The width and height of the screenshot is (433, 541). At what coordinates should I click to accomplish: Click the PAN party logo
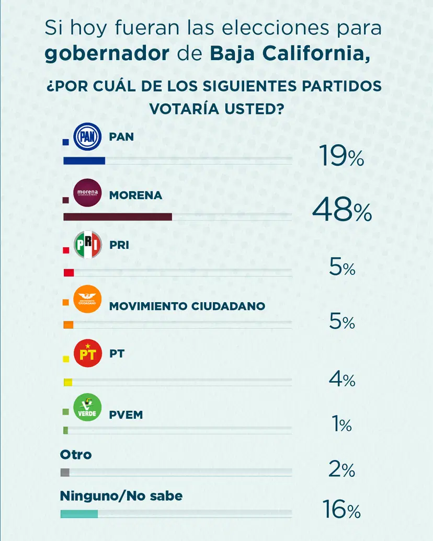[x=87, y=137]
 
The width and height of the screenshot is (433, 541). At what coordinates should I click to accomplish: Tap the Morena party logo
[x=87, y=193]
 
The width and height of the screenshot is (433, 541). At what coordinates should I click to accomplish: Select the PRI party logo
[x=87, y=245]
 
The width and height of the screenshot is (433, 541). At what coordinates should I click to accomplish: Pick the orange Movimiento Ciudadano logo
[x=87, y=300]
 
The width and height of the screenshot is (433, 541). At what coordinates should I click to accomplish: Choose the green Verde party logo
[x=87, y=408]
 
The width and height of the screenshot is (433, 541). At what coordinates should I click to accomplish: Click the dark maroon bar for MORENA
[x=117, y=217]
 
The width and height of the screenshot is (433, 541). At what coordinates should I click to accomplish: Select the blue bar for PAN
[x=84, y=160]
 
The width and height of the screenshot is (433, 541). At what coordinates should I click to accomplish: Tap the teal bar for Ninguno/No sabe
[x=79, y=514]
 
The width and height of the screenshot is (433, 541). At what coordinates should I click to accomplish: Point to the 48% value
[x=342, y=211]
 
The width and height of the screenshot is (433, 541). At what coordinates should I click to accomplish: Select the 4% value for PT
[x=342, y=379]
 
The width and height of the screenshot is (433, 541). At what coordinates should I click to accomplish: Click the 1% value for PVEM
[x=342, y=424]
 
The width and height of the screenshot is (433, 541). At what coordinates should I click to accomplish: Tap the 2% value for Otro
[x=342, y=470]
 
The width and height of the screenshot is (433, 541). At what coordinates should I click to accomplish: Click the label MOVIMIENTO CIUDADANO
[x=187, y=306]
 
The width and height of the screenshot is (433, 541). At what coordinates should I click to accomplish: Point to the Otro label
[x=76, y=454]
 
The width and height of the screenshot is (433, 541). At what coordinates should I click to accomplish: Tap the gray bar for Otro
[x=65, y=473]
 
